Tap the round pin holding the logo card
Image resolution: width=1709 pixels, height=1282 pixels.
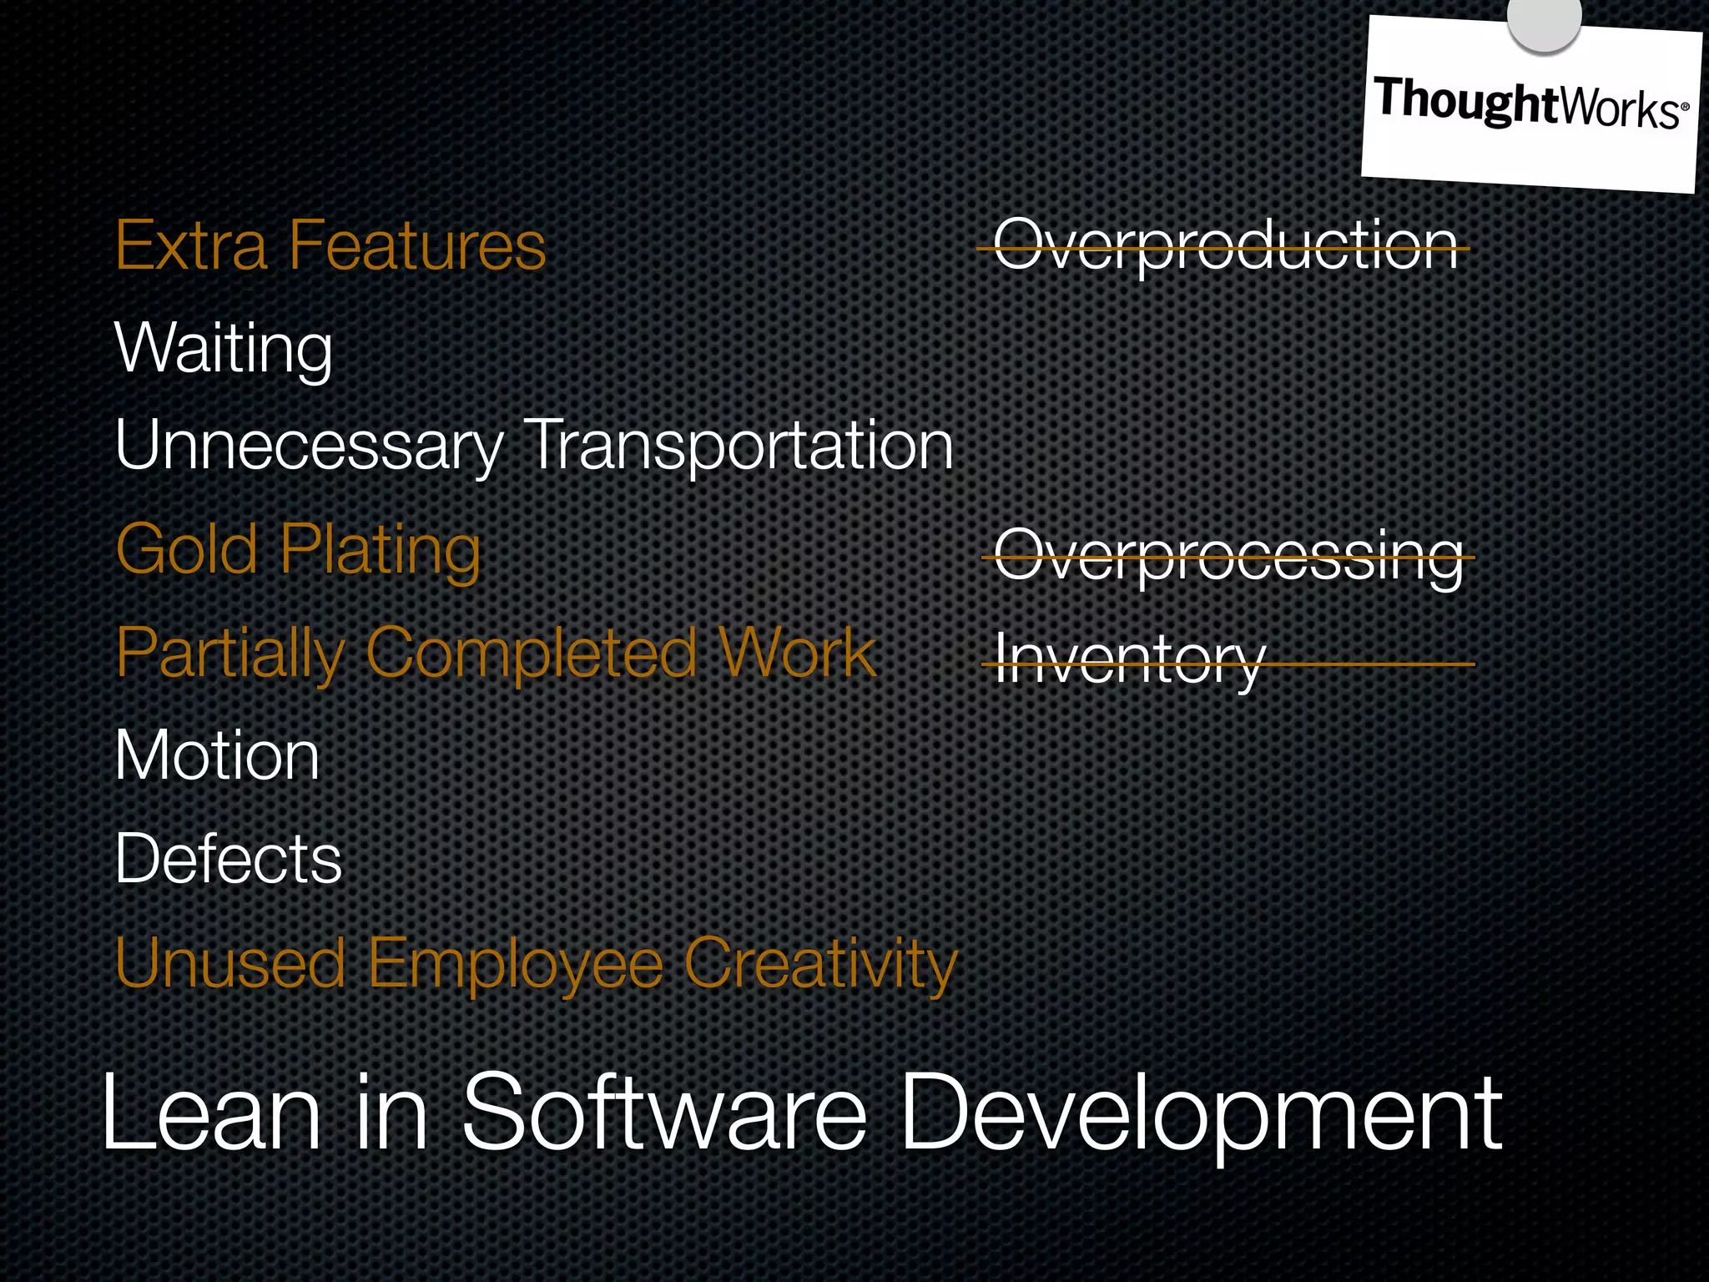(x=1544, y=18)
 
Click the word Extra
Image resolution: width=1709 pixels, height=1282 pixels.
(x=191, y=245)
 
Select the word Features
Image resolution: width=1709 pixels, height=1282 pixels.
(x=416, y=245)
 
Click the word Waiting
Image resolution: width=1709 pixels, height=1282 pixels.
(x=224, y=348)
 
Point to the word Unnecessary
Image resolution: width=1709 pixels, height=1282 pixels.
(x=310, y=446)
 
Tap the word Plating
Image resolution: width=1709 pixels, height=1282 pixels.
(x=381, y=551)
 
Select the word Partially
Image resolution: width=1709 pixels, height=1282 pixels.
(x=230, y=654)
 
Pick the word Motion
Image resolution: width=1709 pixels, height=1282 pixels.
(x=217, y=755)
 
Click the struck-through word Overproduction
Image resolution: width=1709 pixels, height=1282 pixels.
(x=1225, y=245)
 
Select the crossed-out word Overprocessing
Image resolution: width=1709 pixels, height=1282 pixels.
(x=1228, y=556)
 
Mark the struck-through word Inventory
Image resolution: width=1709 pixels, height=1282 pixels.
(x=1130, y=659)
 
